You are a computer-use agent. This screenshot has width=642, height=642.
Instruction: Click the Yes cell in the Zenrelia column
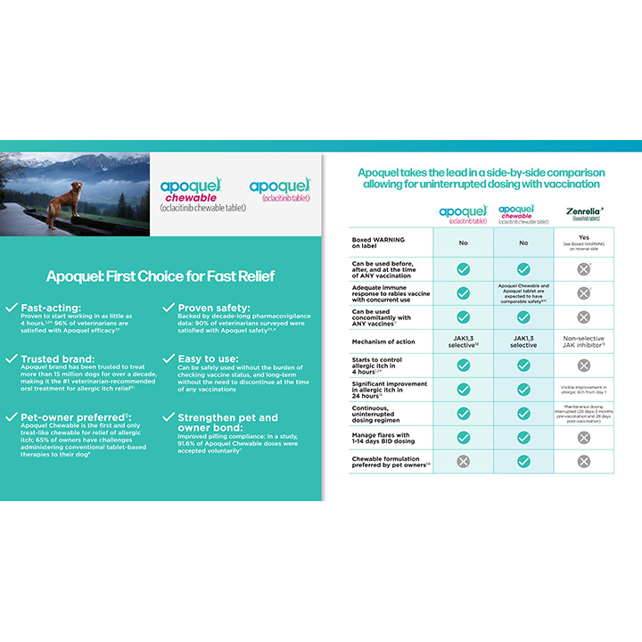(x=583, y=236)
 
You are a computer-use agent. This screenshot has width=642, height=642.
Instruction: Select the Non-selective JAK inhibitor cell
(x=583, y=340)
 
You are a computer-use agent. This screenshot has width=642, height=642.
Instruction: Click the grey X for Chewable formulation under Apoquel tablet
(x=463, y=461)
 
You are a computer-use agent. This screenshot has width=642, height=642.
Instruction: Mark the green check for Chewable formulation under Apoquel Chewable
(x=523, y=461)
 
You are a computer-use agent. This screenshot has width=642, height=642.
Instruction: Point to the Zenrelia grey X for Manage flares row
(x=583, y=437)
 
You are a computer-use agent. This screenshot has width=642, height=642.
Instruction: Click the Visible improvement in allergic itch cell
(x=583, y=389)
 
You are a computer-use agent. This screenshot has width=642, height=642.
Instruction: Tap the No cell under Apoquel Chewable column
(x=523, y=242)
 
